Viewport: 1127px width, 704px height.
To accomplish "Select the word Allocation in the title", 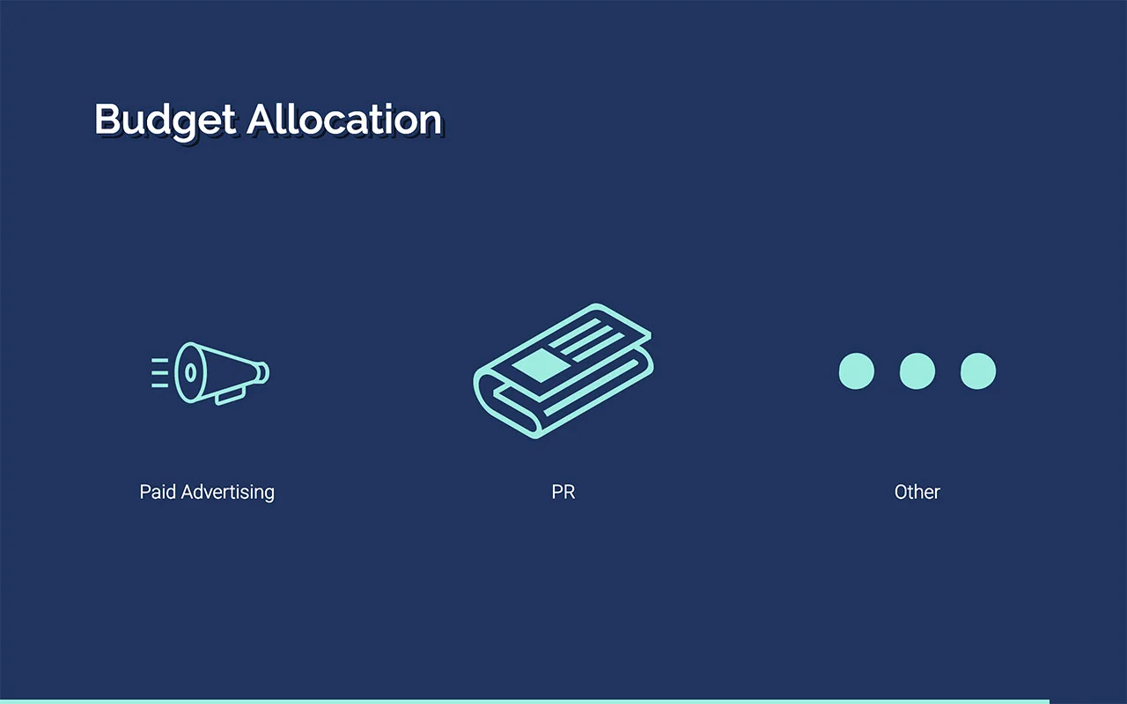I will pos(344,120).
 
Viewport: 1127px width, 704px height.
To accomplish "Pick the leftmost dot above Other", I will pos(857,371).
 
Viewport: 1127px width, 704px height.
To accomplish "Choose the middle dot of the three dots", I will pos(917,371).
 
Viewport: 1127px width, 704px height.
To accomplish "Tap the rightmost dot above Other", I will pos(978,371).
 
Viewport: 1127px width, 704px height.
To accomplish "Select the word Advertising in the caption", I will pos(228,492).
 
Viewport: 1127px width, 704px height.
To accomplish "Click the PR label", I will pos(563,492).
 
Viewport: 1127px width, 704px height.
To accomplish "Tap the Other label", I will pos(917,492).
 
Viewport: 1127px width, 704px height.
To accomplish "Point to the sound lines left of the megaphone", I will pos(159,373).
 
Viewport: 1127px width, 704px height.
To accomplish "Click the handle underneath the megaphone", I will pos(231,396).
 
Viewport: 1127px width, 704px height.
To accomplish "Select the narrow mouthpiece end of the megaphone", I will pos(262,372).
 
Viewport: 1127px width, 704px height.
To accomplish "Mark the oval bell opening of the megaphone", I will pos(189,372).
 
